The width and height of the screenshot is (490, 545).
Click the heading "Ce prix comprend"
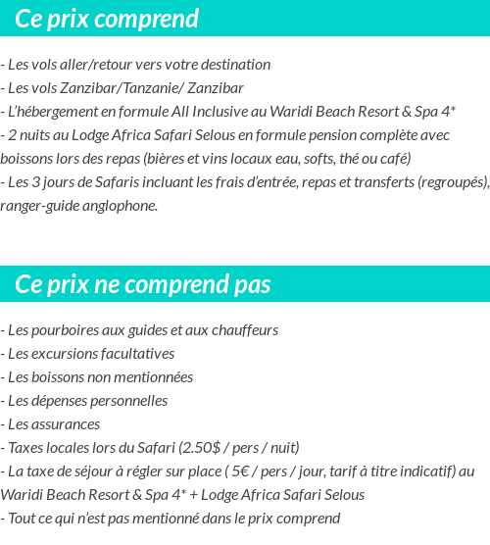[x=107, y=19]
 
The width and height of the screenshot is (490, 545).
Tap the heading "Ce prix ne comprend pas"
[x=142, y=284]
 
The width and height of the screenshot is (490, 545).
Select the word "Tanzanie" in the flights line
[x=139, y=88]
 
